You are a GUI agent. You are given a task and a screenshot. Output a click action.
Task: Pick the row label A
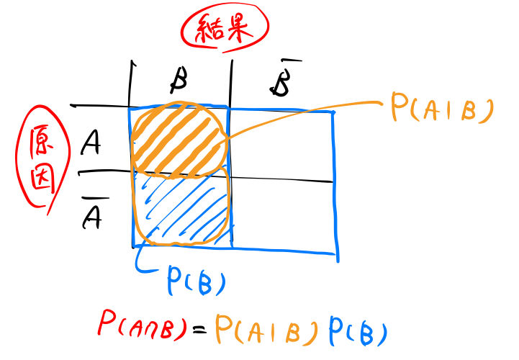tap(91, 145)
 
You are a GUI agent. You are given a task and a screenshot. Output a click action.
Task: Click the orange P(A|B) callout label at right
tap(441, 108)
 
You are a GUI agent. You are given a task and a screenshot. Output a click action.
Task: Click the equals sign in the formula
tap(200, 332)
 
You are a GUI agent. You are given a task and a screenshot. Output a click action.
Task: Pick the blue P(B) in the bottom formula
tap(358, 332)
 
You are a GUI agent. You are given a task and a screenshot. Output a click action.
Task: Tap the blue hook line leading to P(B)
tap(144, 263)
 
